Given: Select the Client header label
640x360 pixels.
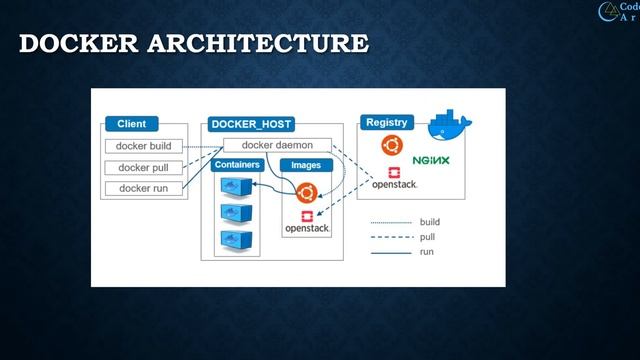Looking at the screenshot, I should (x=131, y=124).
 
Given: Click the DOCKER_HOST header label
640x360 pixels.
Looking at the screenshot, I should (x=251, y=124).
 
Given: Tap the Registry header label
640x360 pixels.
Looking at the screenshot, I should (x=386, y=122).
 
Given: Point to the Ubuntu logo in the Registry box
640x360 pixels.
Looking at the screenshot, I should (x=392, y=146).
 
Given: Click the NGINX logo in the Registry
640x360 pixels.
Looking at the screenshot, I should (x=431, y=160).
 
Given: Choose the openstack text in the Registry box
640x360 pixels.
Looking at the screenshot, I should (x=394, y=185).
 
